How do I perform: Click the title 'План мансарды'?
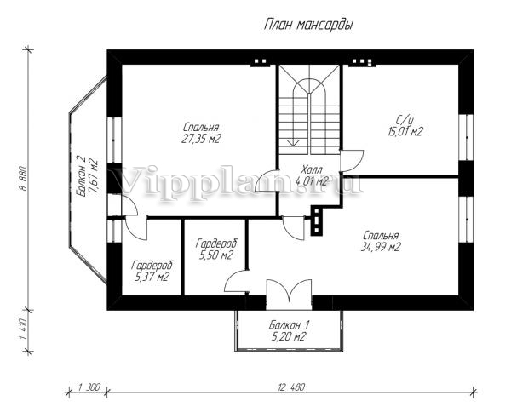click(308, 25)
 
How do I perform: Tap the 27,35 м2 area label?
click(201, 139)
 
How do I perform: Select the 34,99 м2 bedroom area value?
click(381, 248)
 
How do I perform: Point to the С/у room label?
click(405, 120)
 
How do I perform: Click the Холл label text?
click(312, 169)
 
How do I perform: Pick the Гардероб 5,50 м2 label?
click(215, 249)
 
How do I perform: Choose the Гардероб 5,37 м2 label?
click(152, 271)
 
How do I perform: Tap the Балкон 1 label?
click(290, 325)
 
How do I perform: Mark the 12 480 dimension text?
click(291, 387)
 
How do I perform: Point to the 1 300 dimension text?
click(89, 387)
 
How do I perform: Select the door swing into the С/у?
click(352, 161)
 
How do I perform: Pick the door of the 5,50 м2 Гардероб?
click(236, 281)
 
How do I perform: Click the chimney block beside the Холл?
click(317, 220)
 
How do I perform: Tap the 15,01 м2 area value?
click(405, 132)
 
